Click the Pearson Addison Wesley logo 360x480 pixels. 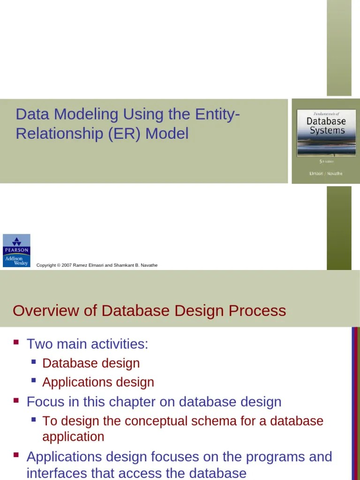click(x=16, y=250)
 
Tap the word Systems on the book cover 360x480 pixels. click(x=327, y=131)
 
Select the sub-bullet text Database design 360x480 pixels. click(x=91, y=363)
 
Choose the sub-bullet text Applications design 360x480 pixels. click(x=98, y=382)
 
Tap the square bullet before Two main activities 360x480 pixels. click(x=16, y=343)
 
